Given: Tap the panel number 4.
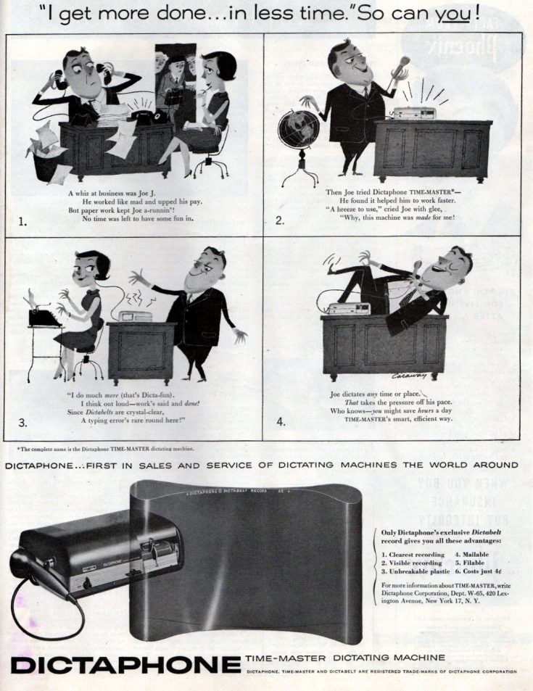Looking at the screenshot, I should (x=281, y=421).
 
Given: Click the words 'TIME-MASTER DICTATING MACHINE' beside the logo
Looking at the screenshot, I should (x=345, y=658).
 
